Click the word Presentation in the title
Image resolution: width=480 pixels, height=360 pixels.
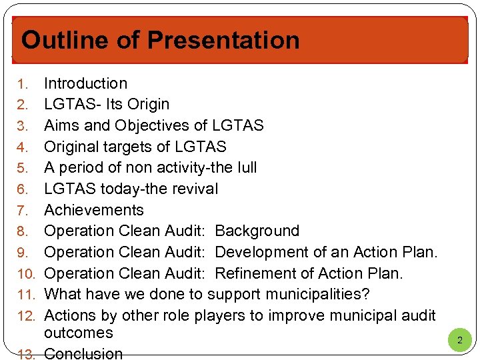pyautogui.click(x=223, y=40)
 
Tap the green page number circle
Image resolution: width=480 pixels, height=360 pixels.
pyautogui.click(x=459, y=341)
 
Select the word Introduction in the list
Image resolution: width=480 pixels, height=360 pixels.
pyautogui.click(x=85, y=83)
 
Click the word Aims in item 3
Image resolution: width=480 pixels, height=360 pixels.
pyautogui.click(x=61, y=125)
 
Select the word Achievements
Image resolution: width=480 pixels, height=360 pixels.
pyautogui.click(x=94, y=210)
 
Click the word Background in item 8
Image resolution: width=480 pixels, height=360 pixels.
pyautogui.click(x=257, y=231)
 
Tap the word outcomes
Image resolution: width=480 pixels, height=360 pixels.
pyautogui.click(x=79, y=333)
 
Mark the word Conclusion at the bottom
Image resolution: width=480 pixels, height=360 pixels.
pyautogui.click(x=83, y=353)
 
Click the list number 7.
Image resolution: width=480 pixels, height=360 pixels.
pyautogui.click(x=23, y=211)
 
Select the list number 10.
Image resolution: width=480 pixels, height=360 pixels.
pyautogui.click(x=25, y=274)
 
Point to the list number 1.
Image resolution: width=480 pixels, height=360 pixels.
pyautogui.click(x=23, y=84)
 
